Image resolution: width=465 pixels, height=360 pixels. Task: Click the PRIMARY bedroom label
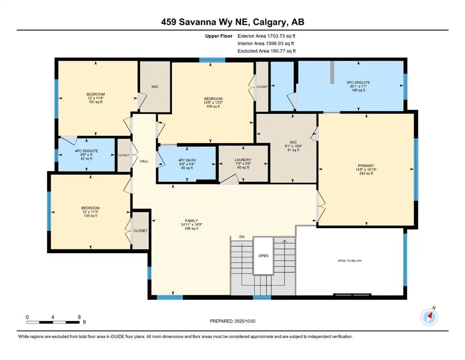366,165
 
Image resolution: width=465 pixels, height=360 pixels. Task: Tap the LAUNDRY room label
243,160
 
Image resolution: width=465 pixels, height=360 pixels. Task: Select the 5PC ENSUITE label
358,82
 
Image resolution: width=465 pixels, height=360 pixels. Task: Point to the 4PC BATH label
187,160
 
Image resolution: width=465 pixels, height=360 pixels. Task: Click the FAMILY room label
191,221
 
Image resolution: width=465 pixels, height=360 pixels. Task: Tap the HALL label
144,161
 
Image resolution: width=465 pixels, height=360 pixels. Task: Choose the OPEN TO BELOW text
350,261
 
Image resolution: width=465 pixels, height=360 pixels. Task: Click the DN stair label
242,237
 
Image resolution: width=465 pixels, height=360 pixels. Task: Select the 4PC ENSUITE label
86,151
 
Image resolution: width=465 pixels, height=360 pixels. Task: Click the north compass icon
429,317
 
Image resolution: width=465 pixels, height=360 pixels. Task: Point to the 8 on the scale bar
79,317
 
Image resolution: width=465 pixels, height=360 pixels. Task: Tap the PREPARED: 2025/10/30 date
232,321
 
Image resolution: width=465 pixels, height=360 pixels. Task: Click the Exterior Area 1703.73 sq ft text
266,36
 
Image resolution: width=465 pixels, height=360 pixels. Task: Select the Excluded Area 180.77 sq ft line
266,51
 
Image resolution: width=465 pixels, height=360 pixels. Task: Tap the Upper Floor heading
219,36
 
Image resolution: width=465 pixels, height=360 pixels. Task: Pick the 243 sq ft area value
366,173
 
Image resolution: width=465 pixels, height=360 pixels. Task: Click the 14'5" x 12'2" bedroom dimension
213,103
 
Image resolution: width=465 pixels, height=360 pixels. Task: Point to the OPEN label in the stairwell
263,255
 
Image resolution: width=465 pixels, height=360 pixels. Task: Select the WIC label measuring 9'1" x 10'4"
293,142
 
